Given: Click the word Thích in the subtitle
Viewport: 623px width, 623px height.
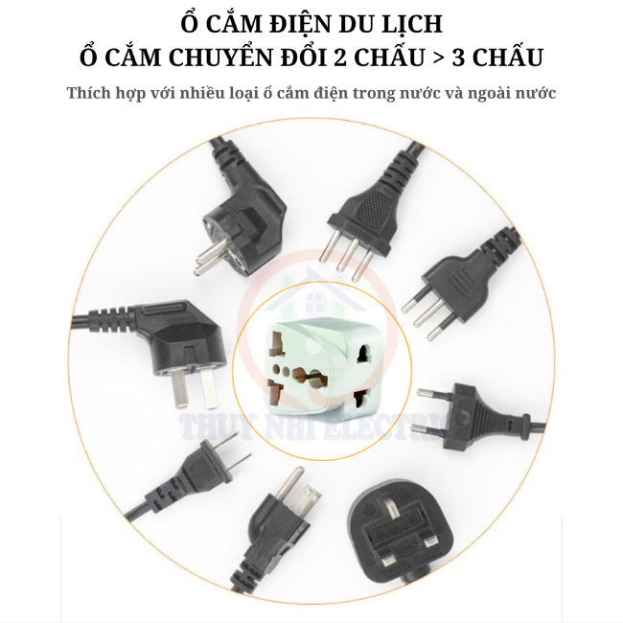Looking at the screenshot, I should pos(90,94).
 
